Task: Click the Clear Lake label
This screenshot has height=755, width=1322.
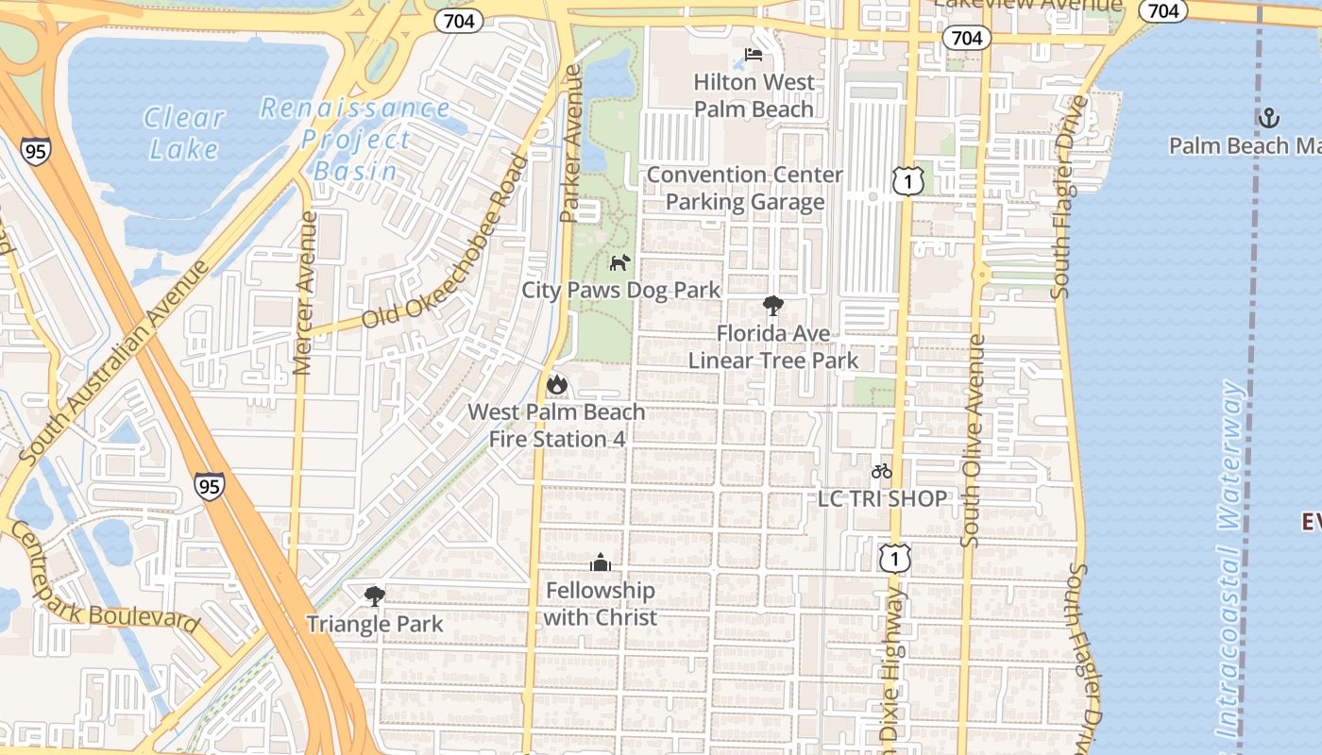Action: tap(183, 133)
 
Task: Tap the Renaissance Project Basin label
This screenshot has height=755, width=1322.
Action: tap(355, 140)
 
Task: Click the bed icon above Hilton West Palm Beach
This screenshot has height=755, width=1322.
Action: tap(754, 54)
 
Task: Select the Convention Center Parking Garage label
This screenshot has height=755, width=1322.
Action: tap(745, 188)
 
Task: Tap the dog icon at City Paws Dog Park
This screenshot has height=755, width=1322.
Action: tap(619, 262)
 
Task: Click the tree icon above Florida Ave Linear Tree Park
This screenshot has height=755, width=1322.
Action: tap(773, 306)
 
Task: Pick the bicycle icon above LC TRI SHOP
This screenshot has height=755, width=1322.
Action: tap(882, 471)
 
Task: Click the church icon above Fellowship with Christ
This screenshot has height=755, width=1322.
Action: tap(601, 563)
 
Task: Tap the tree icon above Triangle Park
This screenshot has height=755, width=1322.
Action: tap(375, 596)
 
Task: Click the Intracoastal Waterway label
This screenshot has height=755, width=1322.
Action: tap(1231, 557)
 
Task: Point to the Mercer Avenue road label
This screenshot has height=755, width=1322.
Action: tap(304, 293)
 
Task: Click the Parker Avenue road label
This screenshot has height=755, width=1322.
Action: tap(571, 143)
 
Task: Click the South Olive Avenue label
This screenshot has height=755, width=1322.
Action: tap(973, 440)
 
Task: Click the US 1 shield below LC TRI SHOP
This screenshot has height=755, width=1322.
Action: tap(894, 559)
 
